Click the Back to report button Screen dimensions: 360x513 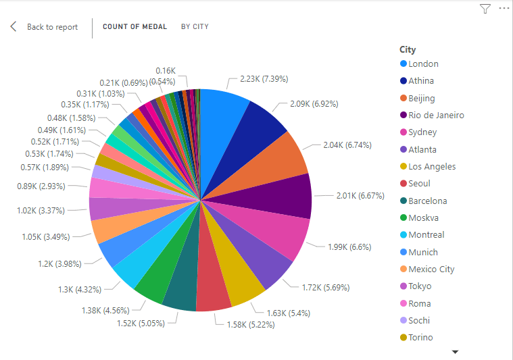(44, 27)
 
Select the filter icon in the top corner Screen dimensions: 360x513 (485, 9)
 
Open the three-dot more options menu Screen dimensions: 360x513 (504, 9)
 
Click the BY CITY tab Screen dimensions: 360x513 (195, 27)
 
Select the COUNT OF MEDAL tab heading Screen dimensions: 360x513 (135, 27)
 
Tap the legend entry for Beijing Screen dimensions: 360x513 (421, 98)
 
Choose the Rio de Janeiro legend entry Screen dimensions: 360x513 (436, 115)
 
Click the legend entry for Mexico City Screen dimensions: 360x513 (431, 269)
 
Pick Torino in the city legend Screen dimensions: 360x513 (420, 337)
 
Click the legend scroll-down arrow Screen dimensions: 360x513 (455, 352)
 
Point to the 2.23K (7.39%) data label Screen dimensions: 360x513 (264, 79)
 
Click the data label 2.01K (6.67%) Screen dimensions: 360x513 (360, 196)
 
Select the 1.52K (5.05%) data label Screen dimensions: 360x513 (141, 323)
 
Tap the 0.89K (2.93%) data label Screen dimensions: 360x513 (41, 186)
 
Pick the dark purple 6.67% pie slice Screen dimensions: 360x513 (287, 196)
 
